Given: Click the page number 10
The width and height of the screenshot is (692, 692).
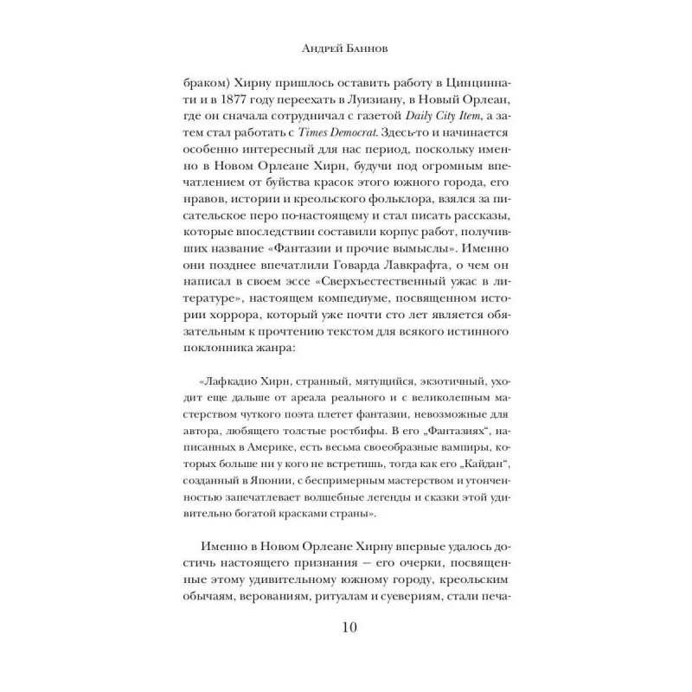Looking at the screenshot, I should (x=346, y=626).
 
